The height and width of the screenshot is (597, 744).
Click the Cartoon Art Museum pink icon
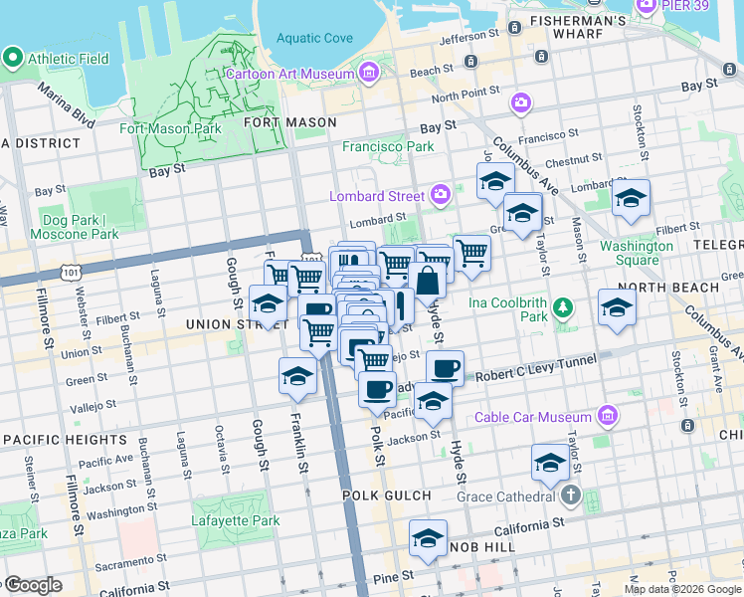369,74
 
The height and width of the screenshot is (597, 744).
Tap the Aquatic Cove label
314,39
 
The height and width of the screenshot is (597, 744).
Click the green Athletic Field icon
13,58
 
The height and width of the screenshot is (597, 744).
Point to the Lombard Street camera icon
441,196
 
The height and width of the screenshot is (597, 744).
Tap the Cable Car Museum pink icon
608,416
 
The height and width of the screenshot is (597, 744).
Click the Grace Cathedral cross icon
570,495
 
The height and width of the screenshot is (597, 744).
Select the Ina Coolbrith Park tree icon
563,307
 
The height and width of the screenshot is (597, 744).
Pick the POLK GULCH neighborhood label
387,496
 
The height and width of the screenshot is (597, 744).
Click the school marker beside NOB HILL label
428,538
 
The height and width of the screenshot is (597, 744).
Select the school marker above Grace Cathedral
550,461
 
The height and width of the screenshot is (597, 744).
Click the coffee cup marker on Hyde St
445,368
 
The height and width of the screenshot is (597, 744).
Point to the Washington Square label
636,253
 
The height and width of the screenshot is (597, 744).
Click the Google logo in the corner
33,585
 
